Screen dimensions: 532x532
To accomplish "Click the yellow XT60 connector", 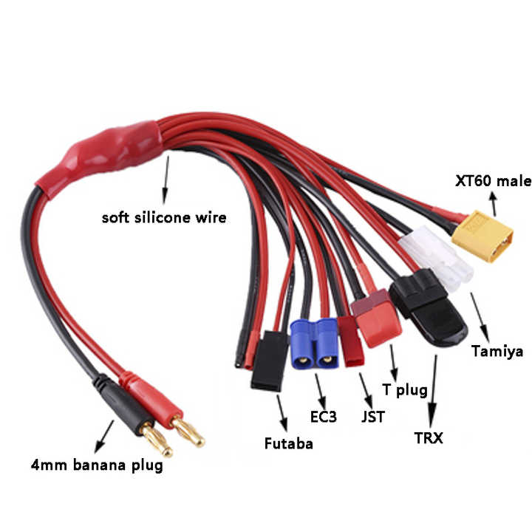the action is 482,236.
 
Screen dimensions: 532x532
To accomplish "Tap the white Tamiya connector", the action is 436,257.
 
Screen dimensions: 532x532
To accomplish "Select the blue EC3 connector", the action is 315,344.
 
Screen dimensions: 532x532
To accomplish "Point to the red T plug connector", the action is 376,318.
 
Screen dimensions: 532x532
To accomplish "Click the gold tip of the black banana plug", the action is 157,440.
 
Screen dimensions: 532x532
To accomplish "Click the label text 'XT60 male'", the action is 494,181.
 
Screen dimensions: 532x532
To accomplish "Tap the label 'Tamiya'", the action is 497,351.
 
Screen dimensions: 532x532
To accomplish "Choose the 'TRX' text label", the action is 429,438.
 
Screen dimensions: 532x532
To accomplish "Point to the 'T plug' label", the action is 405,390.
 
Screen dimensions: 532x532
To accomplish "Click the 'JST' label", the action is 373,417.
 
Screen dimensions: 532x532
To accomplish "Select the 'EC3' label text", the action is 324,417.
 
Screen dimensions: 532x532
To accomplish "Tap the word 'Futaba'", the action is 288,443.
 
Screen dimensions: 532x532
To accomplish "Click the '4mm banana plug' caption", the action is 97,465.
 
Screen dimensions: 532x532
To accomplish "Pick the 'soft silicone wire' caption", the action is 164,217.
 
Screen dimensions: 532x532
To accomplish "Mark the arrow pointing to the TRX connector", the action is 433,392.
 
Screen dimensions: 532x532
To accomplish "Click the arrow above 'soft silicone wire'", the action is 166,180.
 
